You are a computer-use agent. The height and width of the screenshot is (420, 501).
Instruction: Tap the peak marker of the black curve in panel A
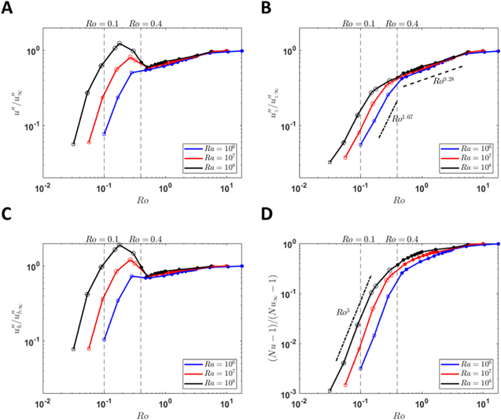pyautogui.click(x=120, y=43)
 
